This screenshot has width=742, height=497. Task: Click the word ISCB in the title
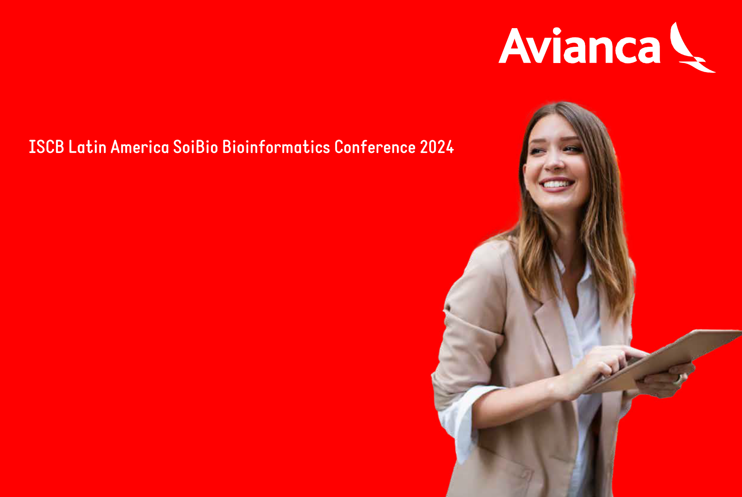(46, 147)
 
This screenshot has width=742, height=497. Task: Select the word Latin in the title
(88, 147)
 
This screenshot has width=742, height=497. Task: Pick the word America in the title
(140, 147)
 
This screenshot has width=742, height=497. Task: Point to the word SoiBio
(195, 147)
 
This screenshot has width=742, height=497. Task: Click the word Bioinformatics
(276, 147)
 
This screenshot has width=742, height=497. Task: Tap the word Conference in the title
(375, 147)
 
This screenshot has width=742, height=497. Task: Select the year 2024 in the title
(437, 147)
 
